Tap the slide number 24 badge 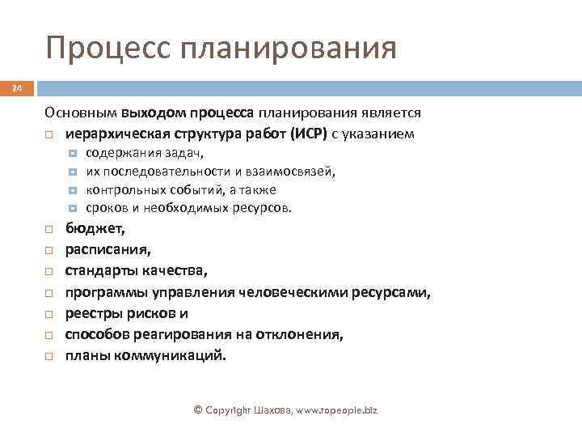(17, 87)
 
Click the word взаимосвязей (293, 172)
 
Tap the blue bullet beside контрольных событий (73, 190)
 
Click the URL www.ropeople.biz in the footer (333, 410)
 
